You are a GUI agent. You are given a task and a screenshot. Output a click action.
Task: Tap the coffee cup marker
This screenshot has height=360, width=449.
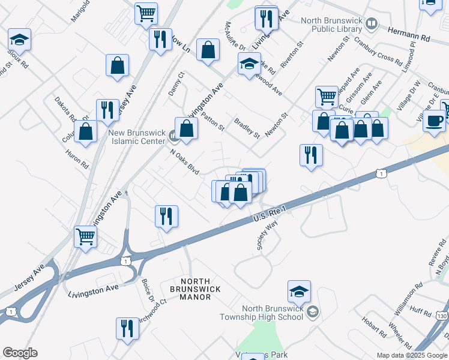point(434,121)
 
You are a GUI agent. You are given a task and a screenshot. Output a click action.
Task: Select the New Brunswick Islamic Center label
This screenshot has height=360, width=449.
point(136,137)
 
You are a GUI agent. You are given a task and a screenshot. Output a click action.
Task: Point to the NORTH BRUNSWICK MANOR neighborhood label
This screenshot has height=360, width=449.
point(194,289)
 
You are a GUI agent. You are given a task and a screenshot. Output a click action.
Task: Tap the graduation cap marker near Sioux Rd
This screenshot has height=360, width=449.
point(19,41)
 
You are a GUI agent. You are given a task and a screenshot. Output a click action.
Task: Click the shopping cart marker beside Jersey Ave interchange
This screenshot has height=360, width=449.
point(86,237)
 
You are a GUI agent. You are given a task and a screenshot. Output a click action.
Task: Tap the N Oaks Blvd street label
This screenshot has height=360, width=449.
point(185,162)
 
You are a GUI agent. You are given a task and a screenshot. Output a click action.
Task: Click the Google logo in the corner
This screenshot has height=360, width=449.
point(20,353)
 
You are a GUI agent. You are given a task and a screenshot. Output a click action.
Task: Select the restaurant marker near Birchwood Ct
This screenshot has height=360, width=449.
point(127,329)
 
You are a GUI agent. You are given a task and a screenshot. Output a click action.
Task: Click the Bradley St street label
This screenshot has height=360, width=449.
point(247,128)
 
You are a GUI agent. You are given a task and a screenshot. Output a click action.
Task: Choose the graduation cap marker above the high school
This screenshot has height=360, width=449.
point(299,292)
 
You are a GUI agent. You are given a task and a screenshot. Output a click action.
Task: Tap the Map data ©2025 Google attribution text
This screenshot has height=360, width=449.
point(412,355)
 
